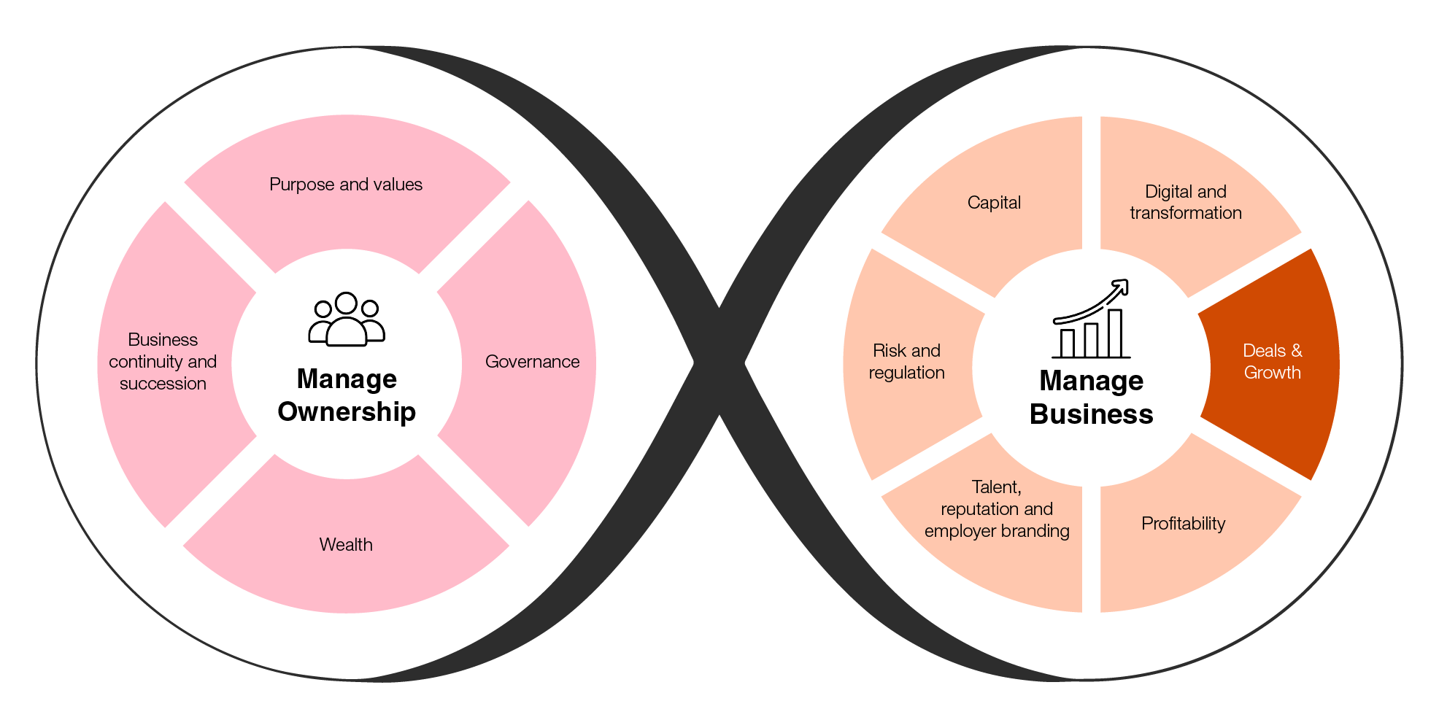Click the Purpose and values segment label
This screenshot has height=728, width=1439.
(x=346, y=185)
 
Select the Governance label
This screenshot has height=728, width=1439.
(x=532, y=362)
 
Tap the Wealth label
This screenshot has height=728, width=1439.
(x=346, y=545)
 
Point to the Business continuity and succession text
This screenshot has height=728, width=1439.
(x=163, y=362)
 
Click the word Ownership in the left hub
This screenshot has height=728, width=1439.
(x=347, y=412)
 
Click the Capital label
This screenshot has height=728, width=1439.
(x=994, y=203)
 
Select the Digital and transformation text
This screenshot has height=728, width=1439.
(x=1186, y=202)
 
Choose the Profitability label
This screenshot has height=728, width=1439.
(x=1183, y=524)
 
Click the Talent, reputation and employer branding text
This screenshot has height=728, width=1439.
(x=997, y=509)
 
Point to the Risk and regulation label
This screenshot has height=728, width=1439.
(x=906, y=362)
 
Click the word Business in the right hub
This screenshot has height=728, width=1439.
(x=1091, y=414)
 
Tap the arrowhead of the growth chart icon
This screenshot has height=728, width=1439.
(x=1122, y=287)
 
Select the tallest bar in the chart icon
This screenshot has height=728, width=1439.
(x=1115, y=333)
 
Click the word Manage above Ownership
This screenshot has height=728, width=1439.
(x=347, y=379)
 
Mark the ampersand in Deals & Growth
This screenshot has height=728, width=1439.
(x=1296, y=351)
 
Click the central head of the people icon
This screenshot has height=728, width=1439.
(x=346, y=303)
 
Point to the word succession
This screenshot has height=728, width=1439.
(x=163, y=384)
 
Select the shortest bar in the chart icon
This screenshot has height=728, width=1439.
(x=1068, y=343)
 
